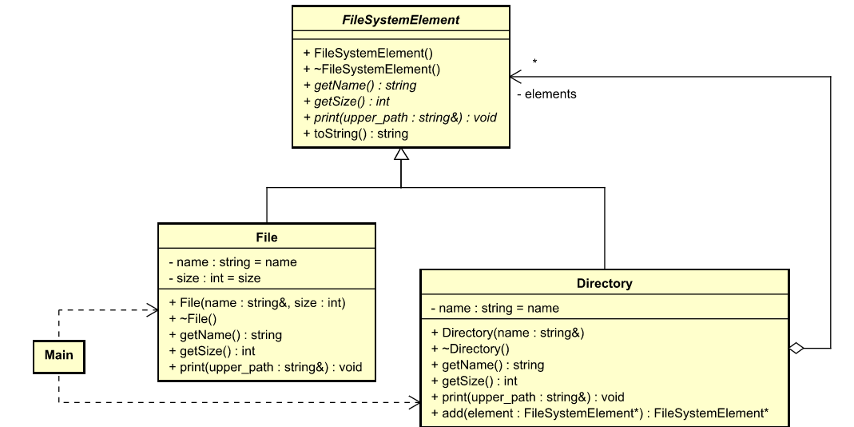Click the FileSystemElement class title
click(x=400, y=20)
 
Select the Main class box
click(x=58, y=356)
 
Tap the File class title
click(x=266, y=237)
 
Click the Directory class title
click(x=604, y=283)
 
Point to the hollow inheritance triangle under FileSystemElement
click(x=401, y=155)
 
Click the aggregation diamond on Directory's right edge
click(x=796, y=348)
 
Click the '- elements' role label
click(x=546, y=94)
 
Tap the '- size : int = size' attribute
click(x=214, y=278)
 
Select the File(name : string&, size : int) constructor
click(x=256, y=303)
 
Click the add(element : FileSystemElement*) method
click(x=599, y=413)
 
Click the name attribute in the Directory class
click(x=495, y=308)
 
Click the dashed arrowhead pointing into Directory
click(x=415, y=402)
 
